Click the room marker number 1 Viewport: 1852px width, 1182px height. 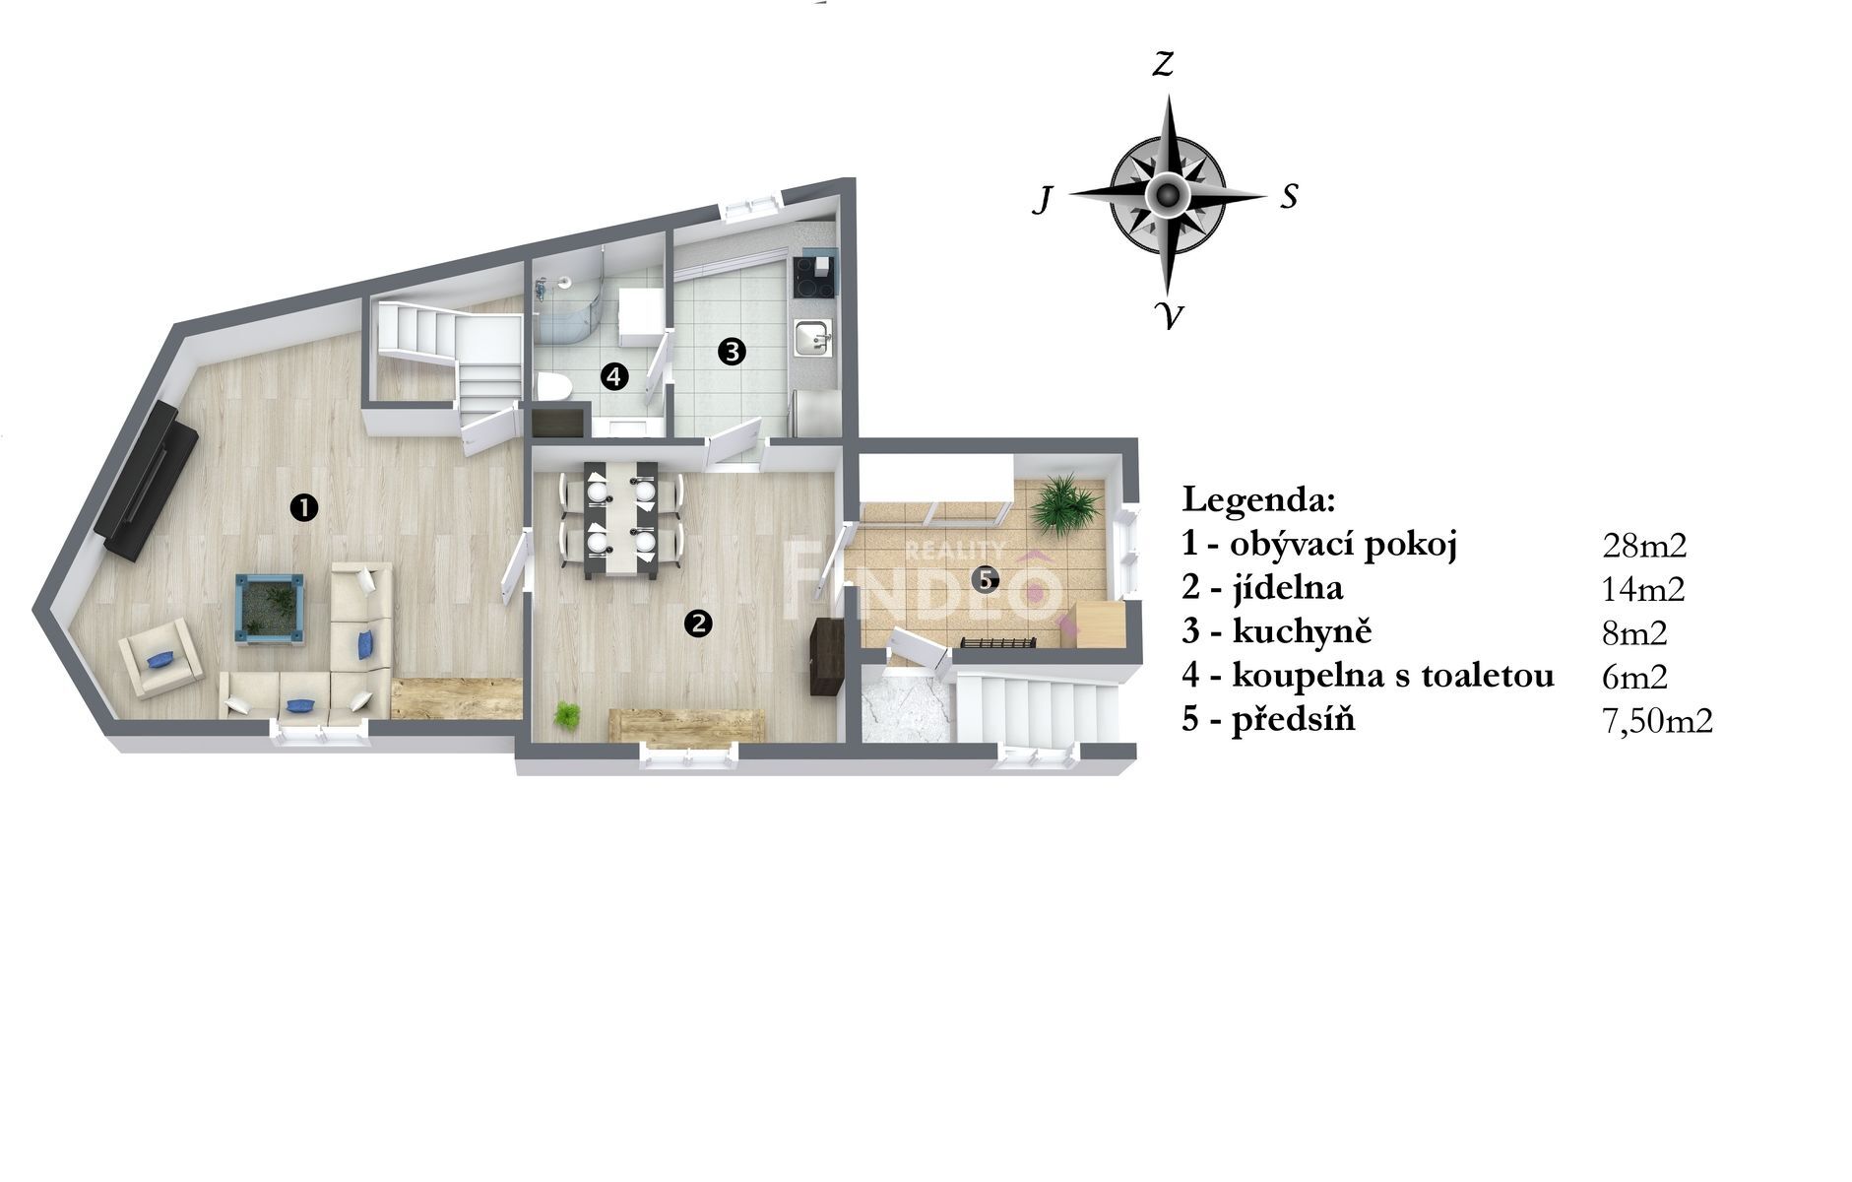[304, 507]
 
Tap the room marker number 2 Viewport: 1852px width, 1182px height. [698, 623]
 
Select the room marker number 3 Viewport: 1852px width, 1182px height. [732, 351]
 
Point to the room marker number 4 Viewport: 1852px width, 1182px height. [613, 375]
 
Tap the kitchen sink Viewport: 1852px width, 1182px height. [814, 339]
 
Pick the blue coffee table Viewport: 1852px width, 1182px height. [269, 610]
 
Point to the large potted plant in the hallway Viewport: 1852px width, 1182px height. [1063, 504]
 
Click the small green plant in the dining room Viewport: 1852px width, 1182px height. [567, 715]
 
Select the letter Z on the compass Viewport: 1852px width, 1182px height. [1164, 65]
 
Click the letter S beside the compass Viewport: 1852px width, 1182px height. [1289, 197]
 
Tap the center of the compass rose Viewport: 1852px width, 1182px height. [1167, 194]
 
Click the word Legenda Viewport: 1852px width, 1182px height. [1259, 500]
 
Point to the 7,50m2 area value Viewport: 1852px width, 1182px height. [1658, 721]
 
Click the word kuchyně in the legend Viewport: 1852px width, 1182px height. [1302, 631]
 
